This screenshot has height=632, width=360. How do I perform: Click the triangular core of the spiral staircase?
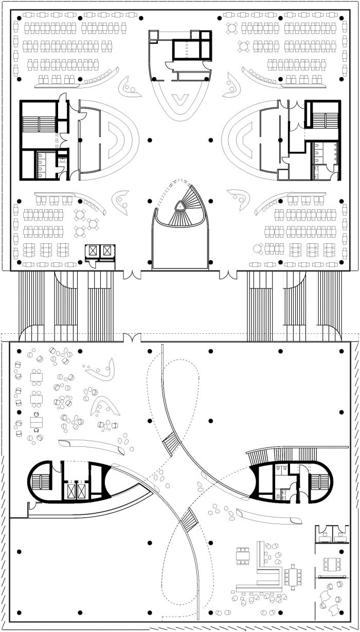[x=180, y=206]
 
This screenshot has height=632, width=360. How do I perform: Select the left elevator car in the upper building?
[x=93, y=251]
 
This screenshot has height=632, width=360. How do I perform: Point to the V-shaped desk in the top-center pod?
[x=179, y=97]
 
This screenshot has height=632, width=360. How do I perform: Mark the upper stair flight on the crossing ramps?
[x=171, y=441]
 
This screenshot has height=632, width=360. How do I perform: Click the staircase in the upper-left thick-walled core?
[x=39, y=124]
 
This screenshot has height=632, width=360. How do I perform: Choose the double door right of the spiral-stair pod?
[x=227, y=275]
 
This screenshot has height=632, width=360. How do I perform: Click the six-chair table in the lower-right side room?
[x=331, y=564]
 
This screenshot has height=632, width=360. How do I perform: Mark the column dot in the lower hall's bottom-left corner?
[x=19, y=612]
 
